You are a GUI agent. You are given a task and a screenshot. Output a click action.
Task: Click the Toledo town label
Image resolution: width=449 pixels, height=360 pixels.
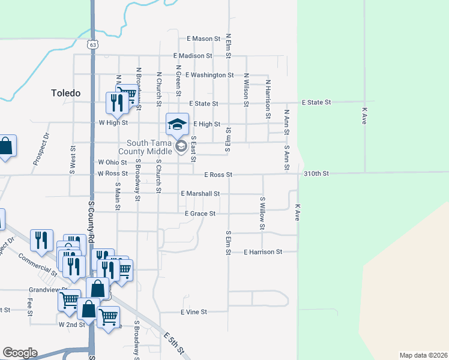(65, 93)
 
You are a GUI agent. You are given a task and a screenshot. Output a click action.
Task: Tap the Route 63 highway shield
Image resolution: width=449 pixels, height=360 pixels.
(91, 44)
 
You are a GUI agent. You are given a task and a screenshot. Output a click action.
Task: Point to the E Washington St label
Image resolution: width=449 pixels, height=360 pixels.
(209, 75)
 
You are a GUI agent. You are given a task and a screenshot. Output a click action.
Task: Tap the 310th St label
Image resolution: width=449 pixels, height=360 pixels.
(316, 174)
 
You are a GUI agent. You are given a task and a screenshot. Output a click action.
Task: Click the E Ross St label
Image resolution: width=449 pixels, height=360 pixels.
(218, 175)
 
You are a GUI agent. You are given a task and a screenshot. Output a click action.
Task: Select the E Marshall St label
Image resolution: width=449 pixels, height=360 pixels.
(200, 194)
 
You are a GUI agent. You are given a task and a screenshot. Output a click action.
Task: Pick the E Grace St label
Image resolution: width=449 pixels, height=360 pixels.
(200, 214)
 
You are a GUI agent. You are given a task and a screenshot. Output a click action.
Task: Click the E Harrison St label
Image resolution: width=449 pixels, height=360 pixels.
(263, 253)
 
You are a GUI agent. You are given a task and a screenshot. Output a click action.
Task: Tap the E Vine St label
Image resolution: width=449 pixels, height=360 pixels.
(194, 312)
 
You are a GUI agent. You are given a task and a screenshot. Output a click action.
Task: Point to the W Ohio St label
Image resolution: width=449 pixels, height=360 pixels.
(112, 163)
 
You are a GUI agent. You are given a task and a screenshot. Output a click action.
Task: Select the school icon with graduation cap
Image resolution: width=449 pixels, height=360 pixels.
(177, 124)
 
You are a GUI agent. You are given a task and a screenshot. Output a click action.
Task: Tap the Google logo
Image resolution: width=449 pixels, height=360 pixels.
(20, 353)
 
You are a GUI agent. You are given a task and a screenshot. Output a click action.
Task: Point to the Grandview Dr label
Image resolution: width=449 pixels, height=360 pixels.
(45, 290)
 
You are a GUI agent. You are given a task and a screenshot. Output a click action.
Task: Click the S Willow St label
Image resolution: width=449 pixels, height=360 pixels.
(262, 213)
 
